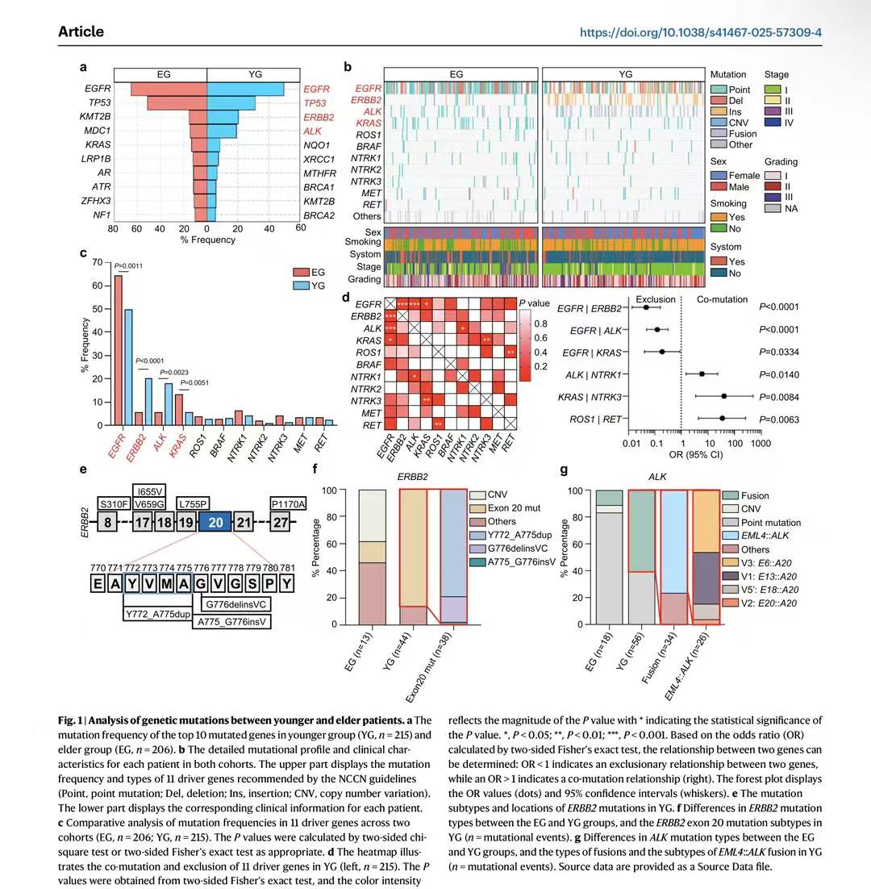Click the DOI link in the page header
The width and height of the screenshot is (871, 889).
[x=700, y=32]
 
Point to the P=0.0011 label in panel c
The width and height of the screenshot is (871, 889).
[x=128, y=265]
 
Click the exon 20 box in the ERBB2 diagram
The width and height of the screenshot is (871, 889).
[x=215, y=523]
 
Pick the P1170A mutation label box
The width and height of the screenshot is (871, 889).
[x=289, y=503]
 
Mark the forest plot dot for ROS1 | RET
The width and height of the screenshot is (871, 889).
[x=722, y=418]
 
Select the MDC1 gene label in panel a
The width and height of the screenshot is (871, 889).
[x=98, y=130]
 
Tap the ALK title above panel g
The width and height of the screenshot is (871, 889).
[x=658, y=477]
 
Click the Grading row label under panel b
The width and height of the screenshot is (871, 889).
[x=365, y=279]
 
